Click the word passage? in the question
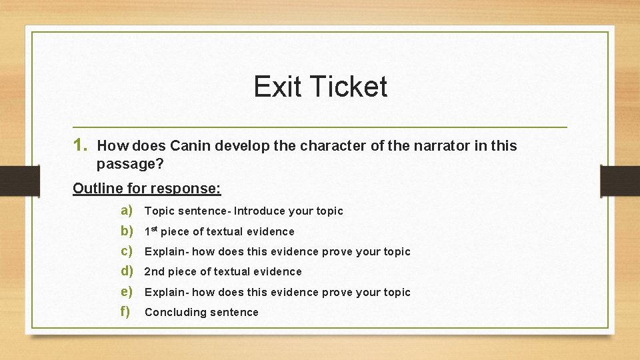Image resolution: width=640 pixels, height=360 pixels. pos(127,163)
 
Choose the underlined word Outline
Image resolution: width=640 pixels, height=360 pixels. pos(97,188)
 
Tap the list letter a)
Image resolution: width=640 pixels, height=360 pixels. pos(127,211)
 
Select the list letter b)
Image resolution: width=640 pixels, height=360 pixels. pos(127,231)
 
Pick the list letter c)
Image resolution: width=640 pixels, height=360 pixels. pos(127,251)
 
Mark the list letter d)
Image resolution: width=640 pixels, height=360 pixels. pos(127,271)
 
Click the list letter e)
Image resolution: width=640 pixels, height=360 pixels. pos(127,292)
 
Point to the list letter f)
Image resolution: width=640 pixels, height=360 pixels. pos(126,312)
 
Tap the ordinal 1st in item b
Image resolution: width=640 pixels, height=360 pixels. pos(152,231)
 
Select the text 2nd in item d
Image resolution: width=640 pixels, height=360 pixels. pos(154,271)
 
